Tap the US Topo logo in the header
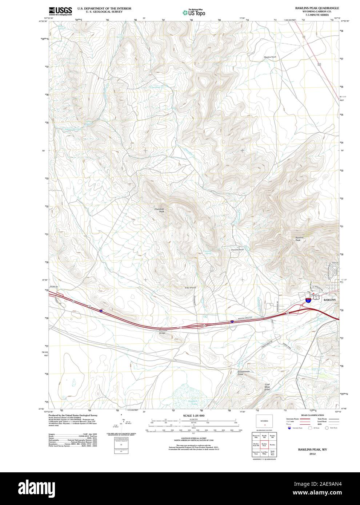[194, 12]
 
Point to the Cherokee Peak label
[159, 210]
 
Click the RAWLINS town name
[330, 300]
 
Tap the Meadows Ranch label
[271, 57]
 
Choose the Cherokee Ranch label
[237, 250]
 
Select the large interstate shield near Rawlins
[308, 300]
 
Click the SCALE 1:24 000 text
[194, 416]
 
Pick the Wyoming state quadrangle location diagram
[265, 423]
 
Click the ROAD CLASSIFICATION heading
[312, 415]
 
